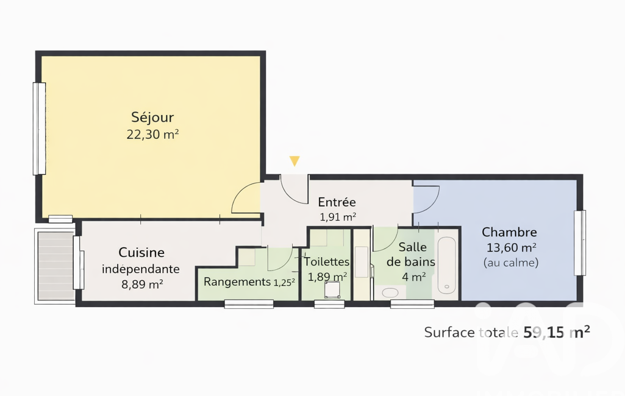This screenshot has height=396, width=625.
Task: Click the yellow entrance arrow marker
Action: coord(295,161)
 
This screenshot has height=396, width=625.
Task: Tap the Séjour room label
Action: coord(152,118)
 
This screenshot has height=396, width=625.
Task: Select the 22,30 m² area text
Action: coord(152,135)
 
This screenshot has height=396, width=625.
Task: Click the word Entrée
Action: coord(337,202)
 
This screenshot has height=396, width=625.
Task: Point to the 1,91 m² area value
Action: coord(338,217)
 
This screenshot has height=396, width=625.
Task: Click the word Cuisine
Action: coord(141,252)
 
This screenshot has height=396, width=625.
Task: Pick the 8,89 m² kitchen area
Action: coord(142,285)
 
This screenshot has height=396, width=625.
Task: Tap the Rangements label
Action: coord(237,281)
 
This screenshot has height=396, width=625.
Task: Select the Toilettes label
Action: coord(326,262)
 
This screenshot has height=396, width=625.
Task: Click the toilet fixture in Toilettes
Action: coord(332,289)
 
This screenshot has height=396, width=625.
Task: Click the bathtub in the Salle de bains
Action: coord(447,266)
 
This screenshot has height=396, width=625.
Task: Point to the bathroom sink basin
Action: coord(390,293)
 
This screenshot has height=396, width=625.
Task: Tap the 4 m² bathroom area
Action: coord(414,277)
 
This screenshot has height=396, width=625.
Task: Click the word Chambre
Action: coord(509,232)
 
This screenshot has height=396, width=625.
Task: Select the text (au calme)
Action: coord(511,263)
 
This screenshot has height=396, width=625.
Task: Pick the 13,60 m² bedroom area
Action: coord(512,248)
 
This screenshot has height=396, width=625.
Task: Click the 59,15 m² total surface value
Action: coord(557,332)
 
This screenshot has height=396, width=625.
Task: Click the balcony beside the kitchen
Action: coord(55,266)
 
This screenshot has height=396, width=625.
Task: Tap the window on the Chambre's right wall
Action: coord(580,242)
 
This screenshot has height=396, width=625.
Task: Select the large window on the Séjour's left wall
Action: coord(39,129)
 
